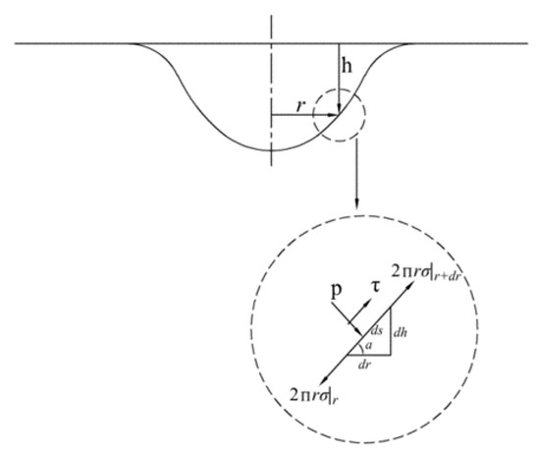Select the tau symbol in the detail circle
(x=376, y=289)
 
